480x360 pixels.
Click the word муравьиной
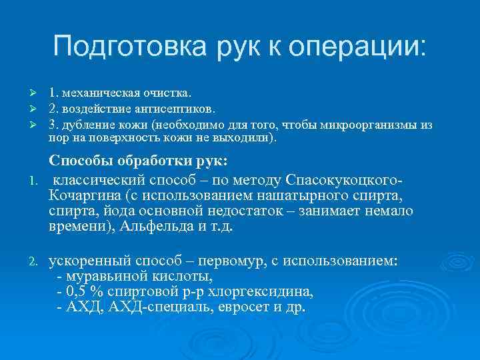(x=99, y=276)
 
